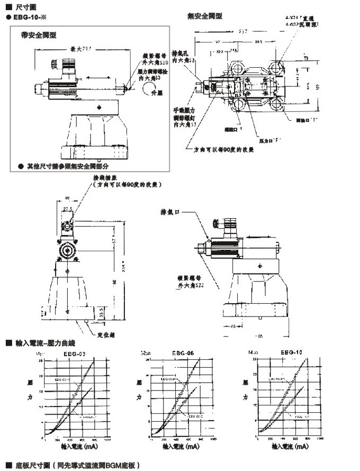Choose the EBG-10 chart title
[x=291, y=352]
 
